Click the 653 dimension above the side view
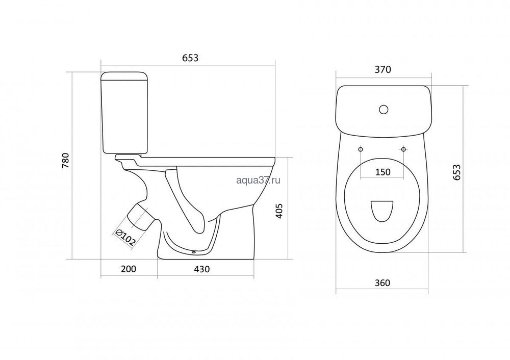190,58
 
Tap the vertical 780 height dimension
66,160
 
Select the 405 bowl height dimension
279,211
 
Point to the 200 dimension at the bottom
129,269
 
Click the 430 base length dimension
201,269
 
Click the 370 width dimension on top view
382,69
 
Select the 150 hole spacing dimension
382,172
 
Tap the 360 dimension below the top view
382,283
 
